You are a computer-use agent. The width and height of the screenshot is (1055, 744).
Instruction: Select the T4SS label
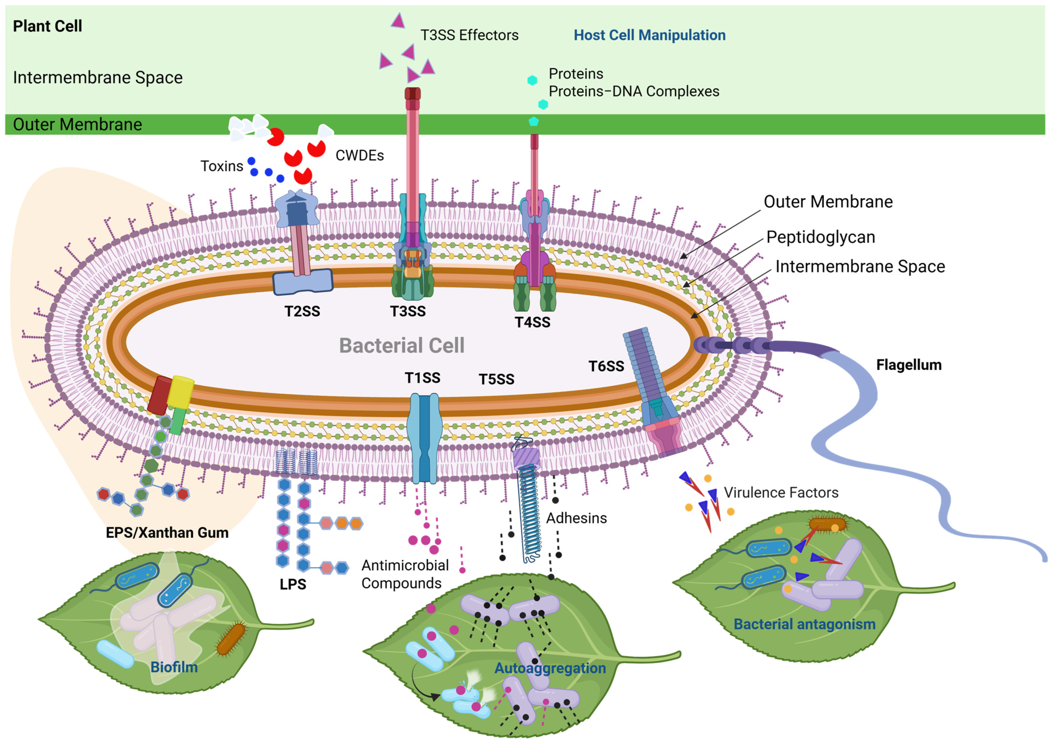(532, 322)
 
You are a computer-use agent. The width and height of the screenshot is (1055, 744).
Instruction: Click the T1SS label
(422, 378)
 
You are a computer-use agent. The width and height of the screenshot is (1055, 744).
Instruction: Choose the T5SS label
(496, 379)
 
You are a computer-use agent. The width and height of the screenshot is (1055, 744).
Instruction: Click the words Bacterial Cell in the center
(402, 346)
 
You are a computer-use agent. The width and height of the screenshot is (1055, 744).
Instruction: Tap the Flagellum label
(908, 365)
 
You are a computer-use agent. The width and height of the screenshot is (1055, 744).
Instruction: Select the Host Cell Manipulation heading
(649, 35)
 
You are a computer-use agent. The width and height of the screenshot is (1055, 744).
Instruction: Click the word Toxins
(222, 166)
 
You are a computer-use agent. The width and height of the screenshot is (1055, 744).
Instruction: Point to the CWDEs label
(359, 155)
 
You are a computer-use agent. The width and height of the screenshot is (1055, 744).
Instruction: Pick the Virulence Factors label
(781, 493)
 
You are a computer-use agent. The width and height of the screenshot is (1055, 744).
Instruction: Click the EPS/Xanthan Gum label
(167, 533)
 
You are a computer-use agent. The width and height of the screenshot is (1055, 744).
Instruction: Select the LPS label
(293, 584)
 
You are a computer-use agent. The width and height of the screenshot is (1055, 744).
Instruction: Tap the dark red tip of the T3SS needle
(412, 94)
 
